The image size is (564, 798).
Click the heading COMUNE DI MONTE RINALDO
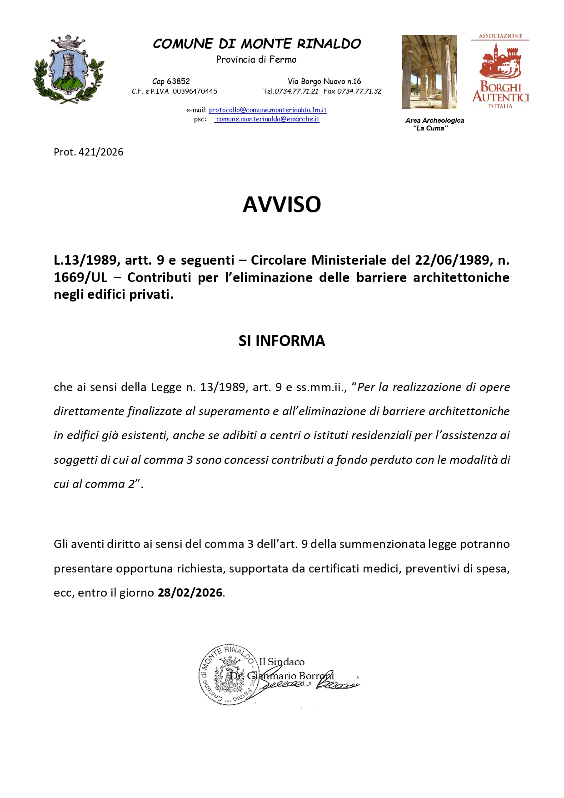coord(256,44)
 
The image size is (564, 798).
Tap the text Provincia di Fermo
coord(256,60)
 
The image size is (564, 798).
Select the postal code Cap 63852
coord(171,81)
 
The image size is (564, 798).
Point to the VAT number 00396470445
coord(195,91)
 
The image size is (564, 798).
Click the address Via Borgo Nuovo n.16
coord(324,81)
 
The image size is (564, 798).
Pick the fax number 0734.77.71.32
coord(359,91)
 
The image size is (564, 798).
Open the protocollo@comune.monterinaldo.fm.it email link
coord(268,110)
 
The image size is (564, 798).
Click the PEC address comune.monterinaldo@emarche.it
coord(267,119)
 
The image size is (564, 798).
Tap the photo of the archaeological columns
coord(429,72)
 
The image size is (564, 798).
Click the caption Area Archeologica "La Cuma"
coord(434,124)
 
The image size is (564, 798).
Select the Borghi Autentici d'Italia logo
coord(500,71)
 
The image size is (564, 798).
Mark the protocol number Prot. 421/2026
coord(89,152)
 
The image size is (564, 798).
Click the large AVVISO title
coord(282,205)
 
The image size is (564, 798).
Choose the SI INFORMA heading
coord(282,341)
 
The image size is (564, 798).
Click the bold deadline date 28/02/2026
coord(190,593)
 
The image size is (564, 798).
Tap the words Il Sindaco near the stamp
coord(282,662)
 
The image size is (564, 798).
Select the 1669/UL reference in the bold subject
coord(80,277)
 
